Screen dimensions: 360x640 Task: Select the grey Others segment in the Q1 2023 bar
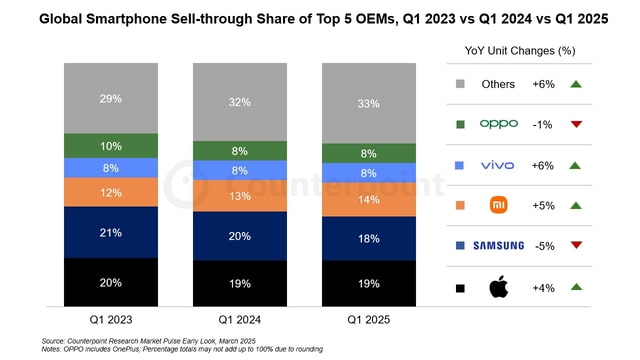point(110,98)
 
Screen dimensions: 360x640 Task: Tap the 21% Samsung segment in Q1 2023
point(110,232)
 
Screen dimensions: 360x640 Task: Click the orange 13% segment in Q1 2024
point(239,196)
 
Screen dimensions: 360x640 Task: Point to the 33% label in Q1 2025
point(368,103)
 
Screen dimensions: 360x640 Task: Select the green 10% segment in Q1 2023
point(110,146)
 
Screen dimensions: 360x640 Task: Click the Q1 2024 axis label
point(239,321)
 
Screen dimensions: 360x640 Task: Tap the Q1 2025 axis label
point(368,321)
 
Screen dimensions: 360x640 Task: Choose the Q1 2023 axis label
point(110,321)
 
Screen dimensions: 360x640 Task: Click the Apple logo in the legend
point(498,288)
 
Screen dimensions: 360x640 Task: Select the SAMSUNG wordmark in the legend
point(498,246)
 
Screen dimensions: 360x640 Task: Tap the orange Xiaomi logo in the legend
point(498,205)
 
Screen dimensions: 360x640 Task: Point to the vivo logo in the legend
point(498,165)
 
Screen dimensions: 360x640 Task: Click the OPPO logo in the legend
point(498,125)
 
